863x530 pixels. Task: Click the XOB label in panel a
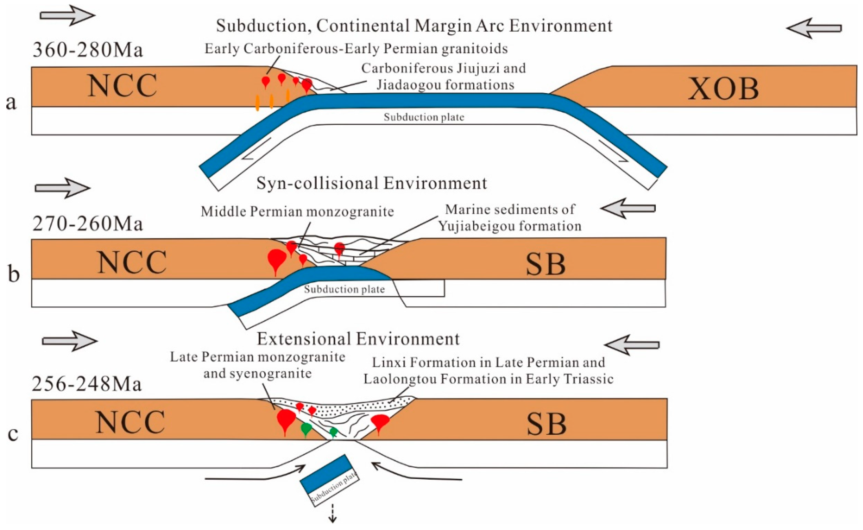coord(723,88)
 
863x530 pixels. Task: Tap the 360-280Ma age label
coord(87,50)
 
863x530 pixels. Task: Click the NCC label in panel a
coord(122,86)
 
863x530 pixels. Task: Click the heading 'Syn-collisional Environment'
coord(372,183)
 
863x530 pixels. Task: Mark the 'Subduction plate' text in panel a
coord(424,117)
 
